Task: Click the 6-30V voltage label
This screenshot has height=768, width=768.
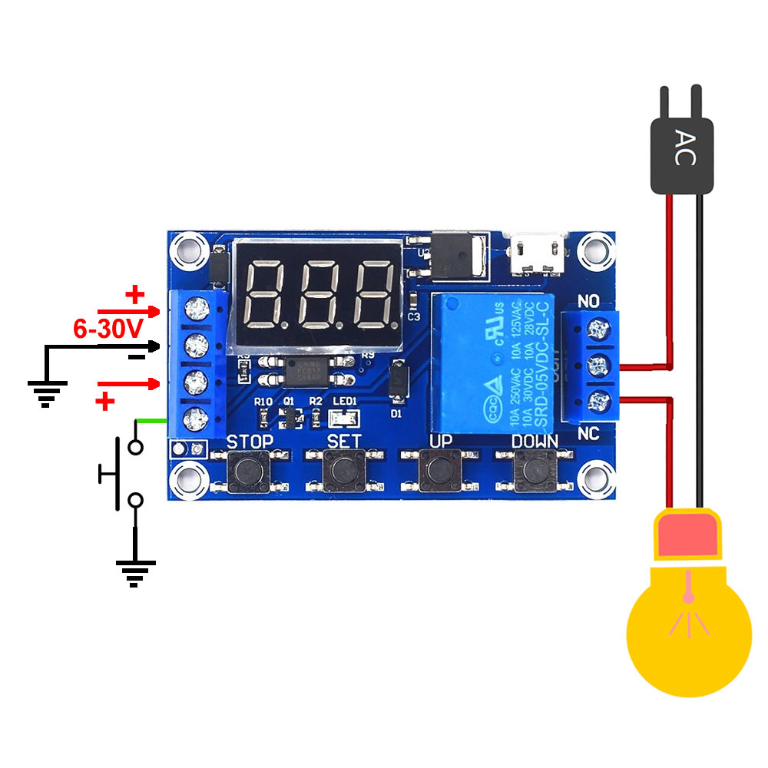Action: (108, 330)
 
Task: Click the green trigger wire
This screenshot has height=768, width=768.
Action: (151, 420)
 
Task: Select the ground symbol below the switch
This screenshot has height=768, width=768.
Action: (135, 571)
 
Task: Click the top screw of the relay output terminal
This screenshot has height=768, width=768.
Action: (595, 329)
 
